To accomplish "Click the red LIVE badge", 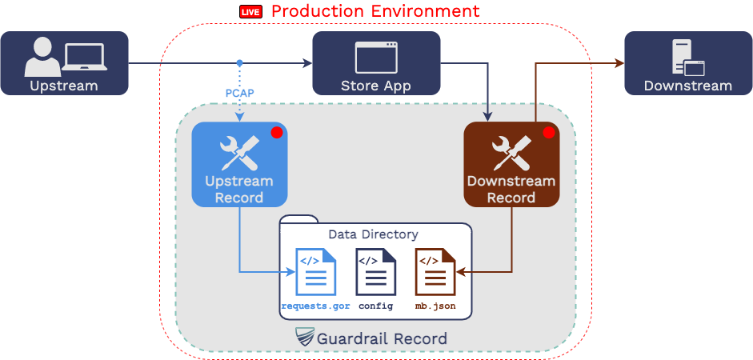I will (x=250, y=12).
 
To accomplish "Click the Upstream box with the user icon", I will (x=64, y=63).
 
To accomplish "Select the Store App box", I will (x=376, y=63).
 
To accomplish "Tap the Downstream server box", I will (x=688, y=63).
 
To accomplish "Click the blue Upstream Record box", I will (x=239, y=165).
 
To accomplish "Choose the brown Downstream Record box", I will (x=511, y=165).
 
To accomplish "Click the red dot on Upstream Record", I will (x=277, y=133).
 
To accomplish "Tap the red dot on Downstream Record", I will (x=549, y=133).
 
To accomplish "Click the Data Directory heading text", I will (x=373, y=234).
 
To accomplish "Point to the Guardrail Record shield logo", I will (x=305, y=338).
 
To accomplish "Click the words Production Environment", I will (x=375, y=11).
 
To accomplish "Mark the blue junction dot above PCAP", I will (x=239, y=62).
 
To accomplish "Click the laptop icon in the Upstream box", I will (x=85, y=57).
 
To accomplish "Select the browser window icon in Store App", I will (x=376, y=57).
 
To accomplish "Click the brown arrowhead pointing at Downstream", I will (x=619, y=62).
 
